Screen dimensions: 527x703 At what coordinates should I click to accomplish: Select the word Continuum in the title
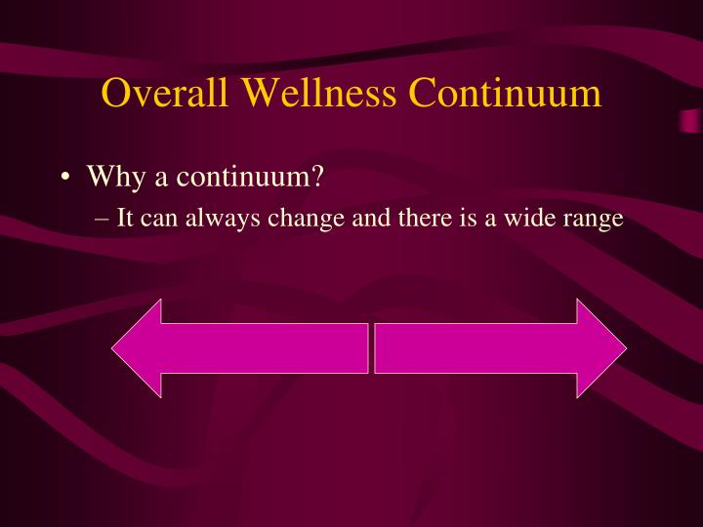pyautogui.click(x=505, y=94)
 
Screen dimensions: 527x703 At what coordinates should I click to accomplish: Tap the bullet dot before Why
pyautogui.click(x=64, y=179)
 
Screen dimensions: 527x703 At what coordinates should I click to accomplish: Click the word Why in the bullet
pyautogui.click(x=110, y=179)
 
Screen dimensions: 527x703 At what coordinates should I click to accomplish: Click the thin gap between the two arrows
pyautogui.click(x=371, y=348)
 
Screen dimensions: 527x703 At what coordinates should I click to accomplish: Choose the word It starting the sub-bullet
pyautogui.click(x=125, y=219)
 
